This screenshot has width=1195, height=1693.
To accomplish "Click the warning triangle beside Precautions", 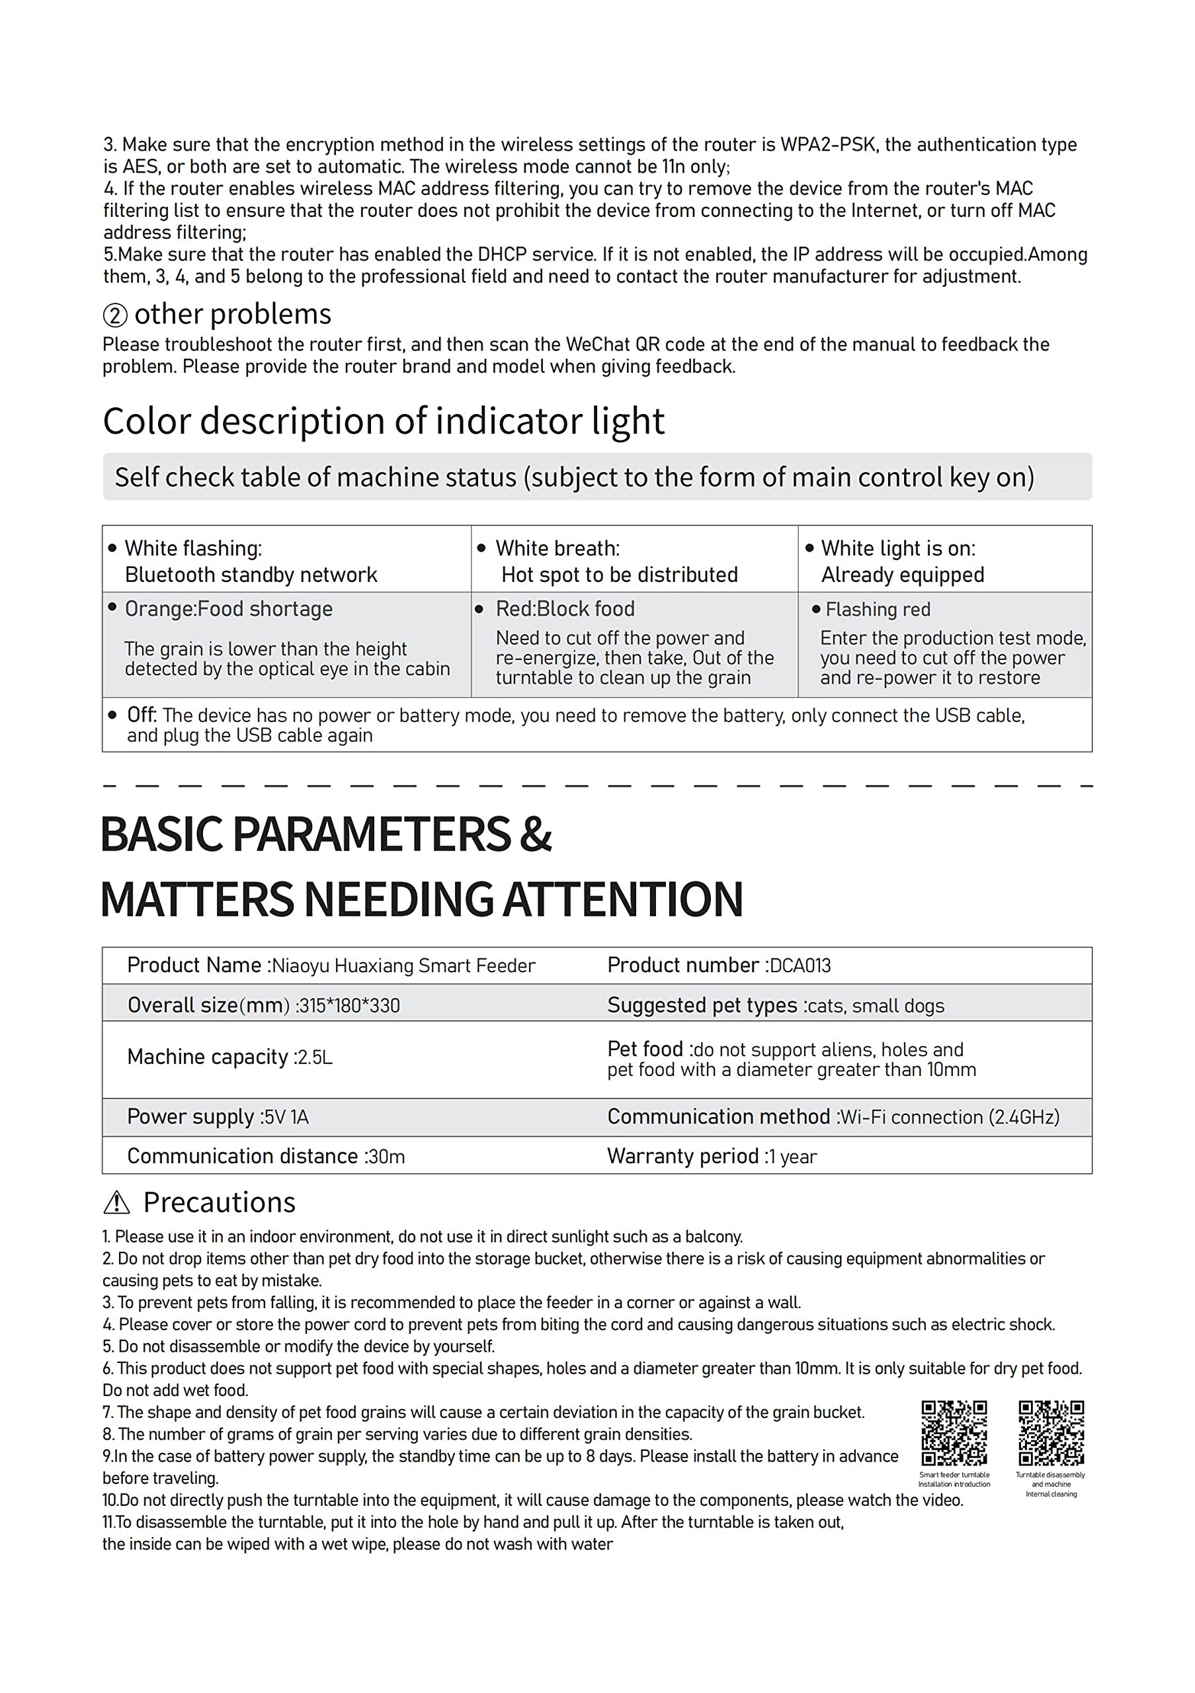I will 116,1203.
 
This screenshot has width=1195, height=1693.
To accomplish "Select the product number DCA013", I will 800,966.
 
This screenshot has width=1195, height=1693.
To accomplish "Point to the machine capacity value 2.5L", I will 315,1057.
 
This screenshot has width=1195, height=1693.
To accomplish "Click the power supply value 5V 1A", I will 286,1117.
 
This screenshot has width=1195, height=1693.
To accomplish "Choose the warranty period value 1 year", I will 792,1156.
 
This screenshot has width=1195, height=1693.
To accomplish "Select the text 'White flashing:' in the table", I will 193,549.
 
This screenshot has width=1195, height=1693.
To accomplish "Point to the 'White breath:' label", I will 557,549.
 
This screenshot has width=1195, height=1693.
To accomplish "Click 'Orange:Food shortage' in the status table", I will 229,609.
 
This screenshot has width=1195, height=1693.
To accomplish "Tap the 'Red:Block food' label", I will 565,609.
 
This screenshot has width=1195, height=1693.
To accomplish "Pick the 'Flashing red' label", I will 878,610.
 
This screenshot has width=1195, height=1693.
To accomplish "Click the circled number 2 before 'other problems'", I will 115,315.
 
